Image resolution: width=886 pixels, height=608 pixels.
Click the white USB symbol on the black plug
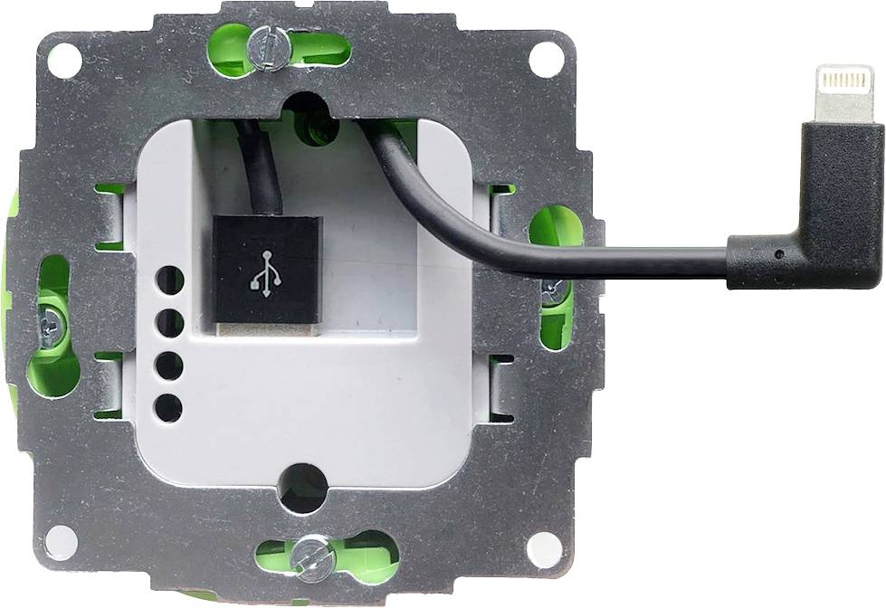(x=265, y=271)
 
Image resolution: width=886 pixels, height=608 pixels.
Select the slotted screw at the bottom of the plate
(x=312, y=556)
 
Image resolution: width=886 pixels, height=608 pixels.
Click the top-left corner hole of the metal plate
(x=64, y=60)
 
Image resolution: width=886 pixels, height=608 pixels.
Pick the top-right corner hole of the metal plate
(x=545, y=59)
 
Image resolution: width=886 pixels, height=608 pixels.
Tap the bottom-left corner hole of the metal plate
(x=62, y=542)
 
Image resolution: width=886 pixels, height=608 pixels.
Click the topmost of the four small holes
(x=168, y=280)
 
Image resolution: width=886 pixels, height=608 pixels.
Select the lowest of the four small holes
(x=168, y=408)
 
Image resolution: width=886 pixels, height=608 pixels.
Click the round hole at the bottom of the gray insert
(x=303, y=489)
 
